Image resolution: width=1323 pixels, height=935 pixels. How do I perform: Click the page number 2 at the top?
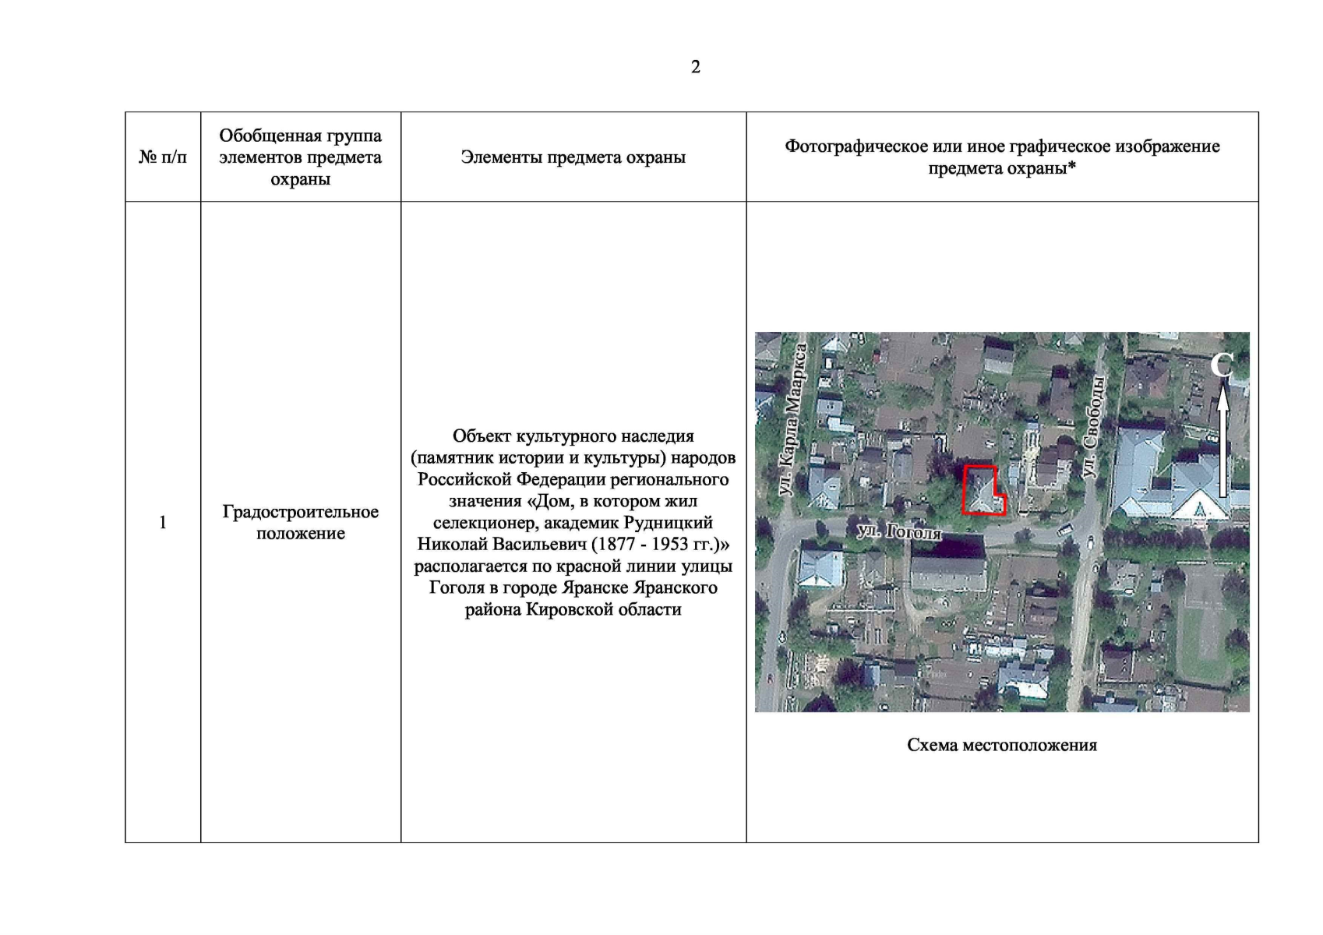pyautogui.click(x=695, y=67)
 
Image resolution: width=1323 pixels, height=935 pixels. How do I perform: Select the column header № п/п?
pyautogui.click(x=163, y=157)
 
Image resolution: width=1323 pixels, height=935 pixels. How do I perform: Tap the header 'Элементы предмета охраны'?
pyautogui.click(x=573, y=157)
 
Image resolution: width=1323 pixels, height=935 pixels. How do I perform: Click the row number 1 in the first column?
pyautogui.click(x=163, y=522)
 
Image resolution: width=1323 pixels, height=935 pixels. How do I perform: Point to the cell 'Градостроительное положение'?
pyautogui.click(x=300, y=522)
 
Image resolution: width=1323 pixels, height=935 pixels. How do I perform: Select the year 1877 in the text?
pyautogui.click(x=616, y=544)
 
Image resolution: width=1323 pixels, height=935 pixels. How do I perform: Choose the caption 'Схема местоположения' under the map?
pyautogui.click(x=1001, y=745)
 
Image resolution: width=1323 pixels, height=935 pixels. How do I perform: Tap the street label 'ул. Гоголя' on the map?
pyautogui.click(x=898, y=532)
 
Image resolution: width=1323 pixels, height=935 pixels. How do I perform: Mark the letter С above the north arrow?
pyautogui.click(x=1222, y=364)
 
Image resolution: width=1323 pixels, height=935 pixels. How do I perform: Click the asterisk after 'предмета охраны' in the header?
pyautogui.click(x=1072, y=168)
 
